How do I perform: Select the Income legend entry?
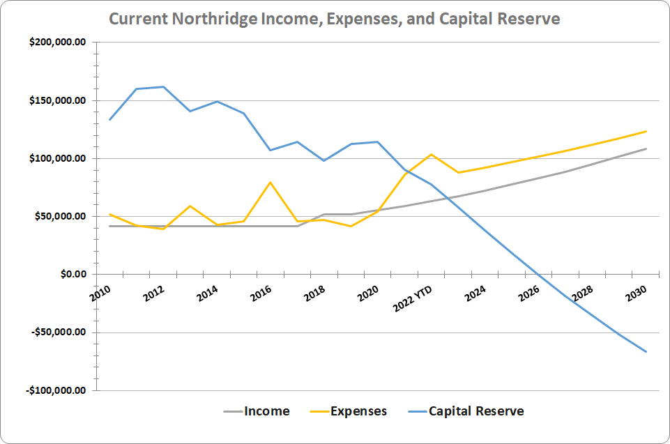click(x=266, y=411)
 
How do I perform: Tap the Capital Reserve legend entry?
click(x=476, y=411)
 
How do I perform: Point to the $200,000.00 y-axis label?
click(x=57, y=43)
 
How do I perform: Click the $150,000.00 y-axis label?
click(x=57, y=100)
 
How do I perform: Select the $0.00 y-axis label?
click(x=72, y=274)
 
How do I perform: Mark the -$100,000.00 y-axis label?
click(x=55, y=390)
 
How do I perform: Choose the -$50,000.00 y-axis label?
click(x=57, y=332)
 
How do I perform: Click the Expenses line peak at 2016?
click(x=270, y=182)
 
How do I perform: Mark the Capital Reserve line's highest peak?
click(x=163, y=87)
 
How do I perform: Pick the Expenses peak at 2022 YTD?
click(x=432, y=154)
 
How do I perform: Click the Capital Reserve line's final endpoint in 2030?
click(x=646, y=351)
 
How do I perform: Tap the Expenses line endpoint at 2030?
click(x=646, y=131)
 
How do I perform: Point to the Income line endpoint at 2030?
click(x=646, y=148)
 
